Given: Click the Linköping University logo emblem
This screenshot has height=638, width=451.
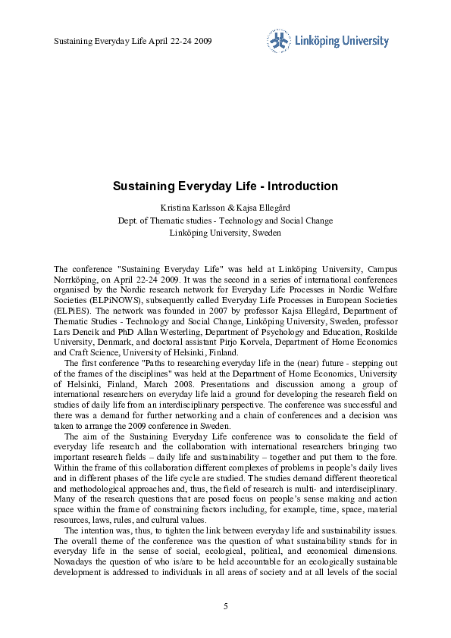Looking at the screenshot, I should click(x=277, y=41).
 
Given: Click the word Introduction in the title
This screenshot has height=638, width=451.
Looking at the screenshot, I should click(x=301, y=186).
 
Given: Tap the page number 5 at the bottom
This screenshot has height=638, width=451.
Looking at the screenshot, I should click(x=225, y=607).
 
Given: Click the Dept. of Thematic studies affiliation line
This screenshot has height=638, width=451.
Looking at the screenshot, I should click(x=225, y=220).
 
